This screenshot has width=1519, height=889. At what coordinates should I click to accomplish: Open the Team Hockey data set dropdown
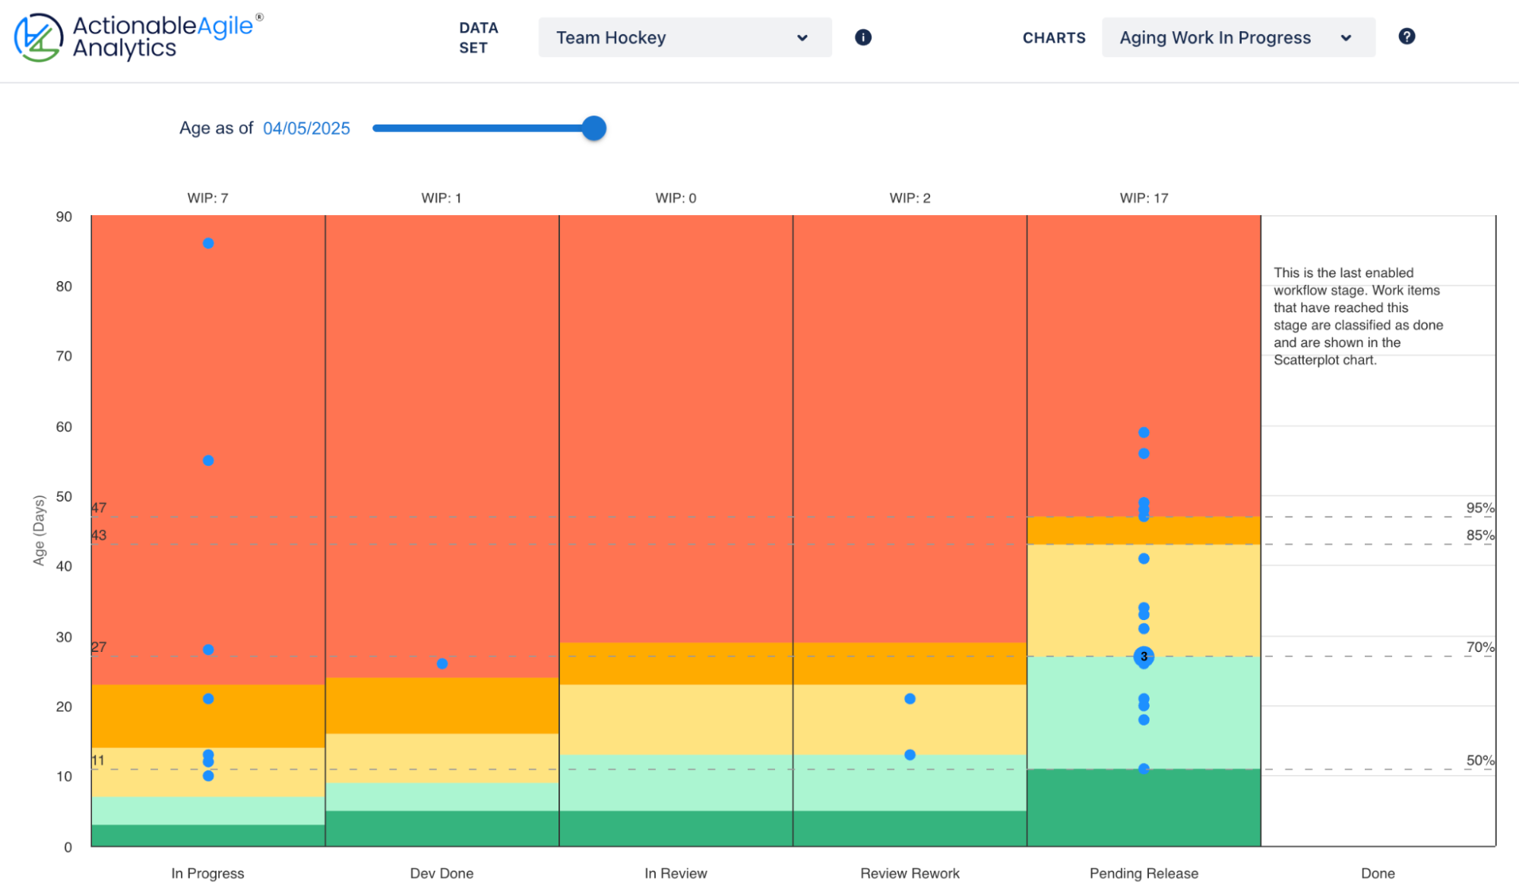[684, 38]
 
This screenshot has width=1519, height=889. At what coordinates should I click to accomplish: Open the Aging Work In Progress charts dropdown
[1237, 38]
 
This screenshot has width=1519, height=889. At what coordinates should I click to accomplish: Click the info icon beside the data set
[863, 37]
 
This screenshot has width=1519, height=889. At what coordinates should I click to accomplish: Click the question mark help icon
[1407, 36]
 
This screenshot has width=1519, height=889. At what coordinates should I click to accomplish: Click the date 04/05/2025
[306, 128]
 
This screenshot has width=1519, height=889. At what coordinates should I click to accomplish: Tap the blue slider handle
[594, 128]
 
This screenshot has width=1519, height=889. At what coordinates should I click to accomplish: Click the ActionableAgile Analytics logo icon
[38, 37]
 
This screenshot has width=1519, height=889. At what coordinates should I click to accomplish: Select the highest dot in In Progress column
[208, 243]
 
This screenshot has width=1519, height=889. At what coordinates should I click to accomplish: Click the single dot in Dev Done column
[442, 663]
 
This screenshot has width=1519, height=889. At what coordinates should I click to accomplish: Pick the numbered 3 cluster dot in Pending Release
[1144, 656]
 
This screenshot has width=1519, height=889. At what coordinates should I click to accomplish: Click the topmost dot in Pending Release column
[1144, 432]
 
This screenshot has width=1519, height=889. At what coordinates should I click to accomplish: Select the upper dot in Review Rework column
[910, 698]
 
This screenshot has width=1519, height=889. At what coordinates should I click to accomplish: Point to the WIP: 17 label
[1144, 198]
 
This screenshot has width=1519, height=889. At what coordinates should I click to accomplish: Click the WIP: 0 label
[676, 198]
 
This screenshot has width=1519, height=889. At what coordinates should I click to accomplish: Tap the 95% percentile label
[1479, 508]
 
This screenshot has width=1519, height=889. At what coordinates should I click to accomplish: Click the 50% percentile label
[1479, 760]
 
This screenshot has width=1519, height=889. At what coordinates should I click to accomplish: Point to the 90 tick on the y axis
[64, 217]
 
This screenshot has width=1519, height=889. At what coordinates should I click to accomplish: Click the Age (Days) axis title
[39, 530]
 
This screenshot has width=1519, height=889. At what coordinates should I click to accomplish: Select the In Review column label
[676, 873]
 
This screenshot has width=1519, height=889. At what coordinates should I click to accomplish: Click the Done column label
[1378, 873]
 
